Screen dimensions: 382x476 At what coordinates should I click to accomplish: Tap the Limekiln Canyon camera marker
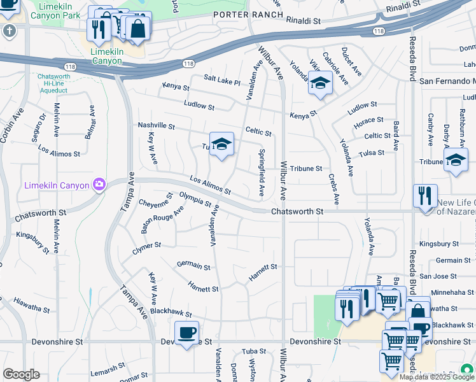tap(99, 185)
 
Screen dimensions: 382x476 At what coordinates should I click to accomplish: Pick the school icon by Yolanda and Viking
tap(321, 83)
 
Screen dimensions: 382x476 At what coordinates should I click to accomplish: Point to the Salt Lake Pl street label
tap(222, 80)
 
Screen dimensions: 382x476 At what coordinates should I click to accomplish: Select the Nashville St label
tap(156, 126)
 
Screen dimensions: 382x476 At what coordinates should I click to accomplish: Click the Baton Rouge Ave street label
tap(162, 218)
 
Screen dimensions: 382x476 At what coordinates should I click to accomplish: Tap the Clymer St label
tap(146, 244)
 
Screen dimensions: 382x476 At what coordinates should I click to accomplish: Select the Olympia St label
tap(195, 199)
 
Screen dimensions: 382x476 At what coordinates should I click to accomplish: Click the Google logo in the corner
tap(21, 374)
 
